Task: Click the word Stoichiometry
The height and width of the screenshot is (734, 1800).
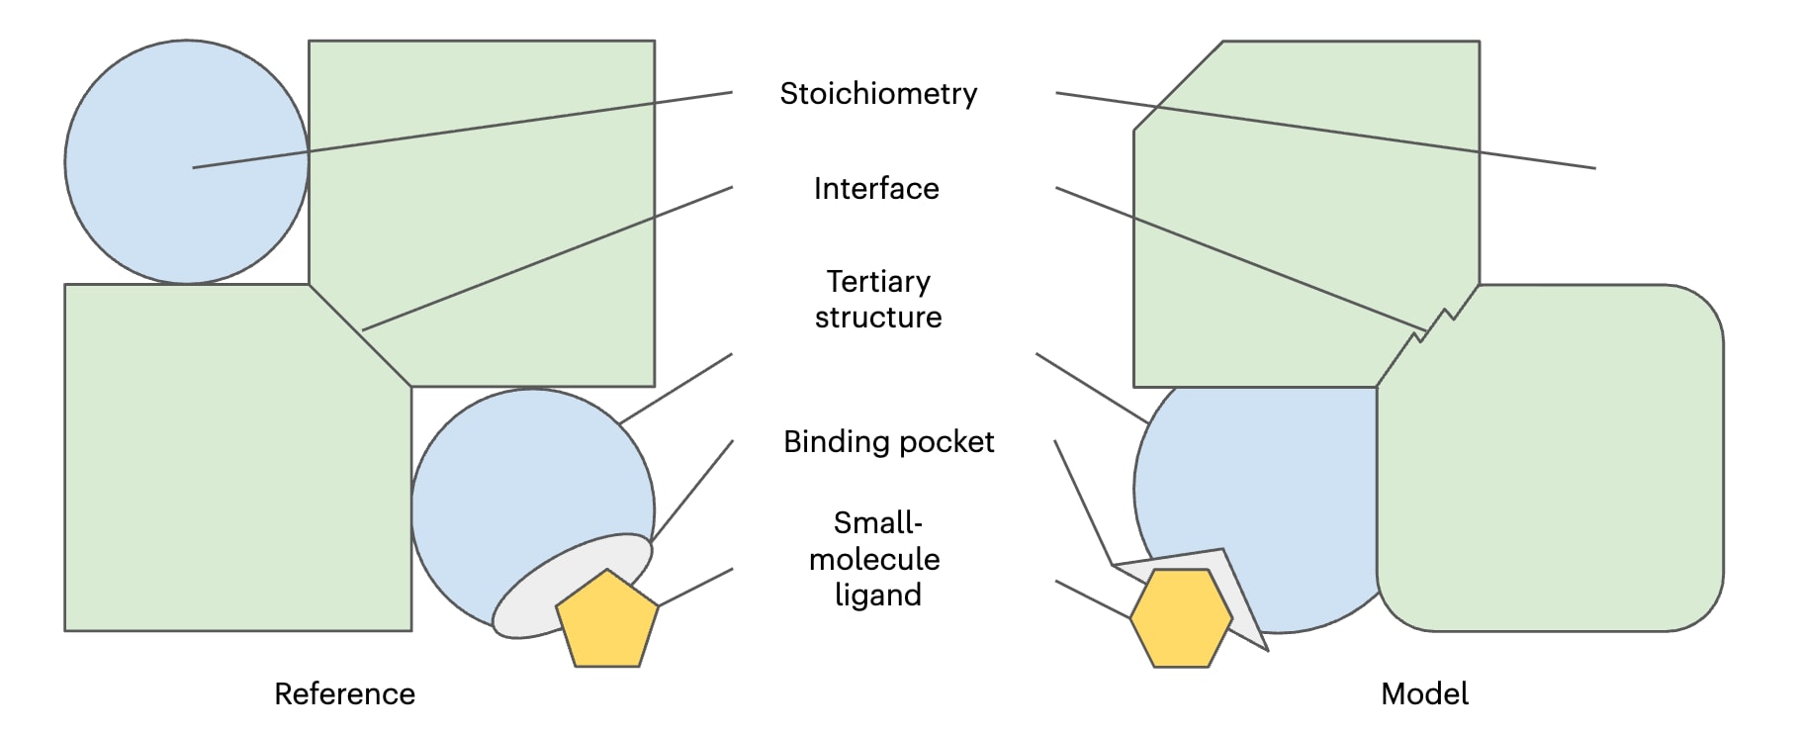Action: (878, 94)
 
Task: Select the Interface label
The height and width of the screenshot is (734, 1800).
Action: (876, 189)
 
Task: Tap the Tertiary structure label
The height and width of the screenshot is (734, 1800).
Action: (878, 300)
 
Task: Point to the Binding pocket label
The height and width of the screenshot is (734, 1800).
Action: (888, 442)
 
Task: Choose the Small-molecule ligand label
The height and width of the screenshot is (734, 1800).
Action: (876, 559)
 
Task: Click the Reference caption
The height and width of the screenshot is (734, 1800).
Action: (344, 694)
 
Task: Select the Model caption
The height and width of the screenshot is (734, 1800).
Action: (1424, 694)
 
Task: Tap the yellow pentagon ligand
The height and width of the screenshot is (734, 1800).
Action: (607, 621)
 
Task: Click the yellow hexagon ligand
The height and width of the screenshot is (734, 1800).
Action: (1181, 618)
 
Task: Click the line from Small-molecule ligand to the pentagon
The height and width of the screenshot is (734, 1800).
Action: (695, 587)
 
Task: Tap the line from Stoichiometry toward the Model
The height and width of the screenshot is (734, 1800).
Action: (1325, 131)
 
